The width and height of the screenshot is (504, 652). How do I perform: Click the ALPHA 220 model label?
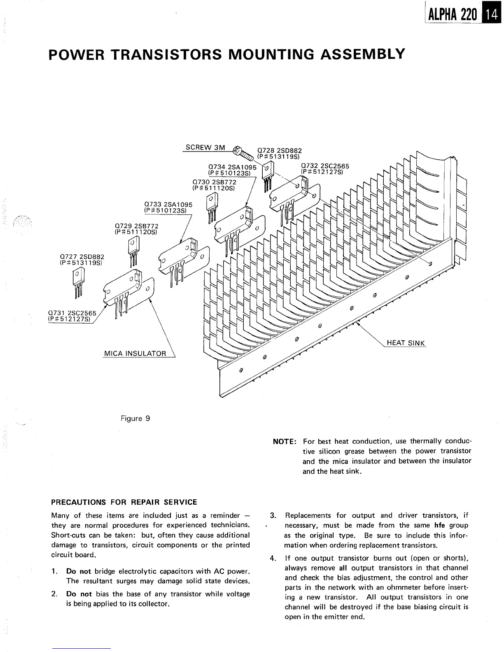(x=452, y=15)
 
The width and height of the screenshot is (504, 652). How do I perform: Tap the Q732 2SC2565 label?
(x=325, y=169)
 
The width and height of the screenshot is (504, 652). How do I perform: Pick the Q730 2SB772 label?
(x=214, y=185)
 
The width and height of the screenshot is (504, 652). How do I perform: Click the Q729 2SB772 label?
(x=136, y=229)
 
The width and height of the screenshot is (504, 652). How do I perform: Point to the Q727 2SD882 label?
(x=82, y=259)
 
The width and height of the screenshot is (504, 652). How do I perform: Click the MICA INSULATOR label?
(x=135, y=353)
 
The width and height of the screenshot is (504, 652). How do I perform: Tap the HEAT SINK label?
(x=406, y=343)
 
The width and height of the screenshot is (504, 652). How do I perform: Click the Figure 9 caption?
(x=135, y=419)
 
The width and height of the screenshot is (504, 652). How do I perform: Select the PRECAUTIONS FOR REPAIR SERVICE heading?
(x=124, y=502)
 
